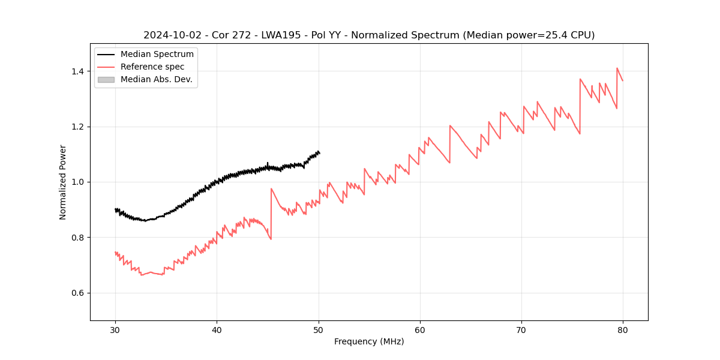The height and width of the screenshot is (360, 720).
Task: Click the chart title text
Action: click(x=369, y=35)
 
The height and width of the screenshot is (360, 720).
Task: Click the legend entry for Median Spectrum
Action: click(x=157, y=55)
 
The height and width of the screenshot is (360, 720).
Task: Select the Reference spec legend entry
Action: click(x=152, y=67)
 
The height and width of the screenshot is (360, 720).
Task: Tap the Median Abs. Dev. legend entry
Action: click(x=156, y=79)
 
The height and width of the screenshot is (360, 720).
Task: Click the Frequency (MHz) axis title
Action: click(x=369, y=341)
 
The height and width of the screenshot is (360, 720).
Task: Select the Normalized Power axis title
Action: click(x=63, y=182)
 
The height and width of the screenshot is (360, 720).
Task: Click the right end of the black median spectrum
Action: click(x=319, y=153)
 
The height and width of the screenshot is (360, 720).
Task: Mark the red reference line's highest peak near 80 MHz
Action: click(x=617, y=68)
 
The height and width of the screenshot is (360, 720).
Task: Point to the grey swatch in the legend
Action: click(x=106, y=79)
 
